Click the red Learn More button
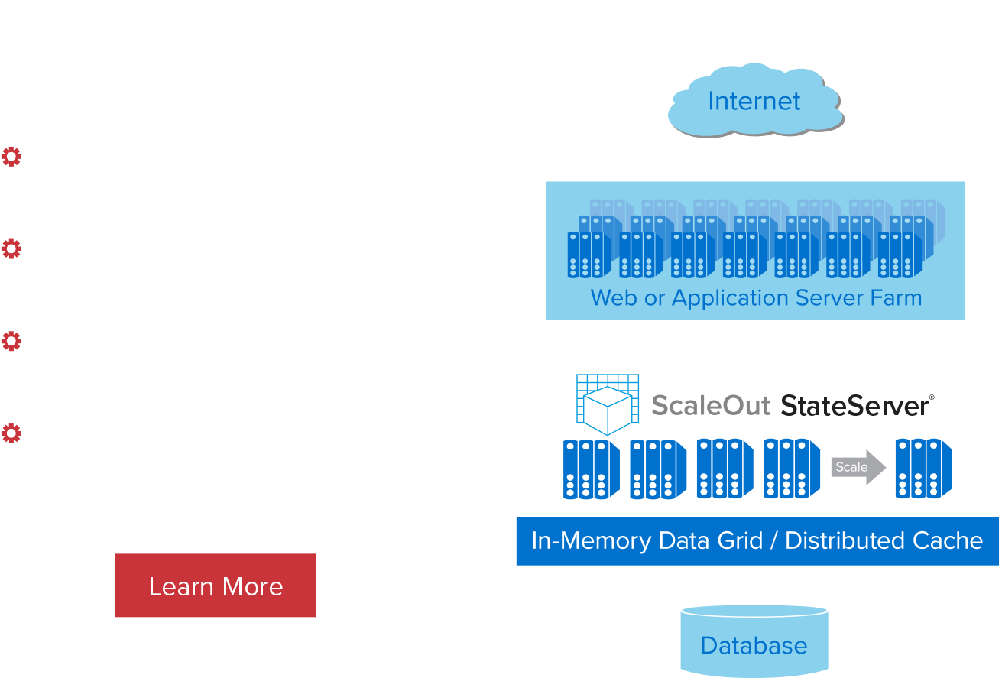coord(216,586)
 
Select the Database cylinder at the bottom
coord(754,644)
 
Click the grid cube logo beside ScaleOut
coord(607,403)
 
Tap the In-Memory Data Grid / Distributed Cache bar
coord(757,541)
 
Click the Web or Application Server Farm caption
coord(756,297)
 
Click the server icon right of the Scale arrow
coord(923,469)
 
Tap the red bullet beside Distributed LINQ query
coord(11,248)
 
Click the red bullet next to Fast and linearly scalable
coord(11,156)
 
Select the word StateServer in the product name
coord(854,405)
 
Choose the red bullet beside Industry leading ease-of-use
coord(11,341)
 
